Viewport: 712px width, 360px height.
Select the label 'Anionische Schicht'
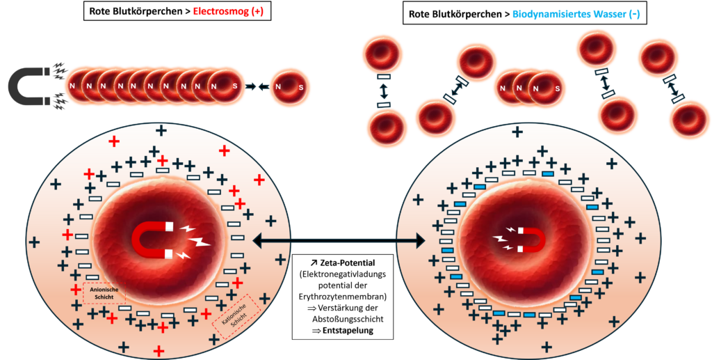[x=103, y=292]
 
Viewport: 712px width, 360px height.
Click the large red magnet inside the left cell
[x=152, y=240]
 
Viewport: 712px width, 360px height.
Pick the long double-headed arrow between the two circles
[x=339, y=241]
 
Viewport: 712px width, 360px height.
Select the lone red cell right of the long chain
[x=290, y=87]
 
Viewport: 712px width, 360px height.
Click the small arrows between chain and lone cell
[x=259, y=87]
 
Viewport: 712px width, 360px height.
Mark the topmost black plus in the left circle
[x=161, y=130]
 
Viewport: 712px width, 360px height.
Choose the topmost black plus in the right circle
[x=517, y=132]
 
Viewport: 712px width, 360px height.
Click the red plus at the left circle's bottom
[x=159, y=350]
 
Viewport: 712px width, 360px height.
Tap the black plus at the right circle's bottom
[x=547, y=347]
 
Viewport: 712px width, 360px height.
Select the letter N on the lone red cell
[x=278, y=87]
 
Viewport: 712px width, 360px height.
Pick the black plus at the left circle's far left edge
[x=34, y=242]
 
